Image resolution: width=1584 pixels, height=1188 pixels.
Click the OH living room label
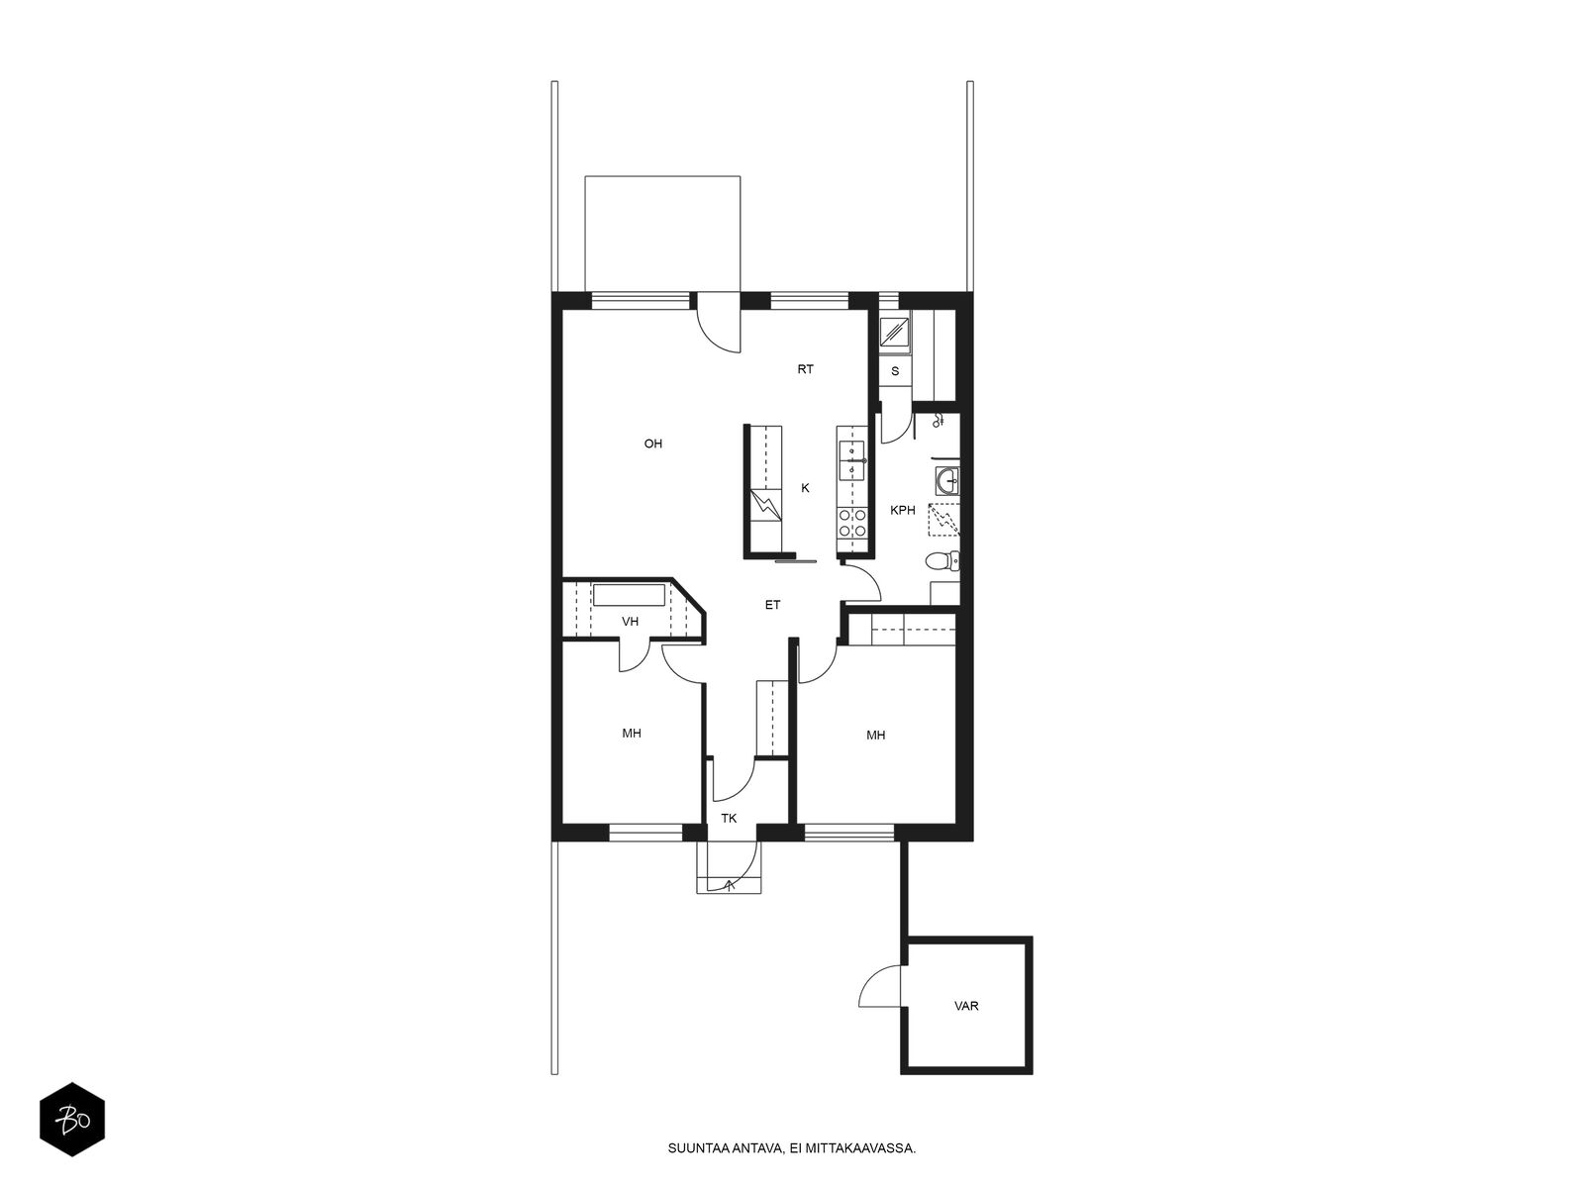coord(653,444)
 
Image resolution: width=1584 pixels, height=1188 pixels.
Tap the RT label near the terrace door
coord(805,369)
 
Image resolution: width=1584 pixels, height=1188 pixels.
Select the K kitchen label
coord(805,488)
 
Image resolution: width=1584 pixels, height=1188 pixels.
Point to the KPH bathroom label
coord(902,510)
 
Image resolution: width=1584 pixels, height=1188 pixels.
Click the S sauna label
coord(896,371)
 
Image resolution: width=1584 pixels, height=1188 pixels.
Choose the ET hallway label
coord(773,605)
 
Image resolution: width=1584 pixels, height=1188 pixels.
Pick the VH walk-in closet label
coord(630,621)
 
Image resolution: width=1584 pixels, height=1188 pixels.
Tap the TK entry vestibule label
coord(729,818)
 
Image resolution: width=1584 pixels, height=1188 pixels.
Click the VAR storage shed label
coord(966,1006)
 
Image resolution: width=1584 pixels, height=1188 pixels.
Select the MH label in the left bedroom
coord(632,733)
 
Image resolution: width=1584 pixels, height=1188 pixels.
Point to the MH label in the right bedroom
coord(876,735)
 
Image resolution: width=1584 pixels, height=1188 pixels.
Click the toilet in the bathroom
coord(942,560)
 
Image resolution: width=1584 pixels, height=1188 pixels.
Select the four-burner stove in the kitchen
coord(852,524)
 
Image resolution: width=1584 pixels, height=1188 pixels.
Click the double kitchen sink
coord(852,461)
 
